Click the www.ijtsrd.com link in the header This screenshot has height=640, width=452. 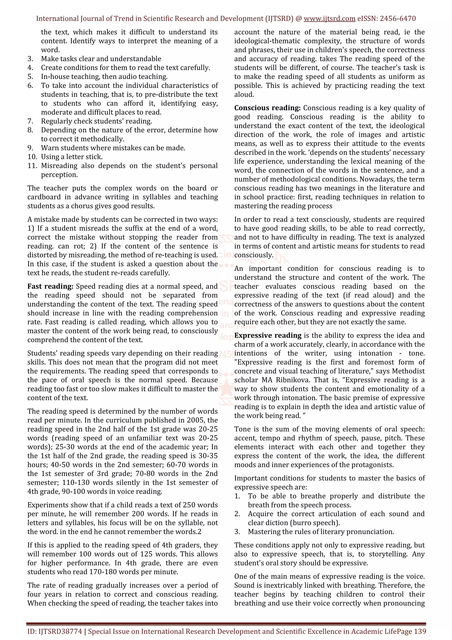(x=329, y=19)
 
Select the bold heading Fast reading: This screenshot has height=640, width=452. (x=50, y=286)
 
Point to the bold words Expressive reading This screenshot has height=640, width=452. (x=268, y=335)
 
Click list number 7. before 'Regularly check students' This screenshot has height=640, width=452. (x=30, y=121)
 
